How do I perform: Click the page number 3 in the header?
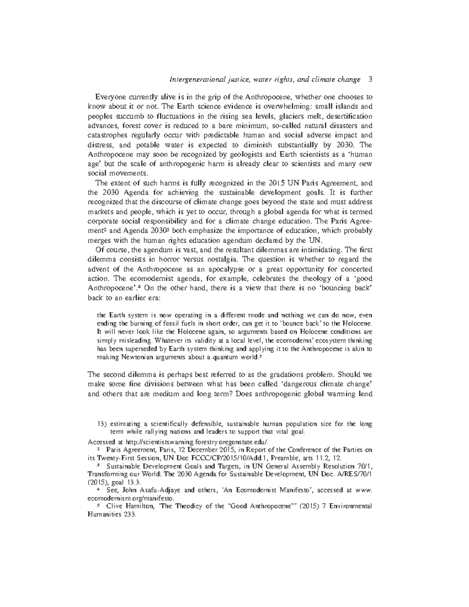click(370, 80)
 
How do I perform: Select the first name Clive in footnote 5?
click(115, 506)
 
